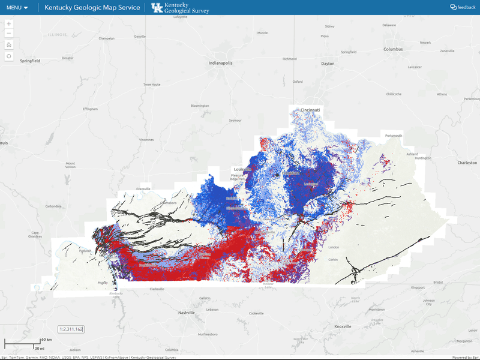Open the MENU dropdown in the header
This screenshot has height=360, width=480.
pos(17,8)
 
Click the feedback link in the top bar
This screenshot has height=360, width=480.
pos(463,7)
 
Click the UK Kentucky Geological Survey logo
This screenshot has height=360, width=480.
pos(179,8)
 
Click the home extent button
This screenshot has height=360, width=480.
pos(9,44)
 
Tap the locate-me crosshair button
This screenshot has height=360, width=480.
pos(9,56)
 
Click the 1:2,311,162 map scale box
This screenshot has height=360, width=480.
pos(71,329)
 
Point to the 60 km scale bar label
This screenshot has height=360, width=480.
pos(46,340)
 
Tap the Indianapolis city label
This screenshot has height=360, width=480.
pos(220,63)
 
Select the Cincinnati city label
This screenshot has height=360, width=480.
pos(311,110)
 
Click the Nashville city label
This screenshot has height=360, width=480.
pos(187,313)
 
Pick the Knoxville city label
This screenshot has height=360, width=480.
pos(343,326)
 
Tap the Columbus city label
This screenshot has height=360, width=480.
pos(394,49)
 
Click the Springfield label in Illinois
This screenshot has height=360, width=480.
pos(30,61)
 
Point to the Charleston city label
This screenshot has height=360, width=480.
pos(467,163)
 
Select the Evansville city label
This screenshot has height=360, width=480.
pos(143,188)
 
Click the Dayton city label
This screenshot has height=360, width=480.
pos(328,64)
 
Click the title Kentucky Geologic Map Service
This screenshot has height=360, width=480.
pos(92,8)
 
